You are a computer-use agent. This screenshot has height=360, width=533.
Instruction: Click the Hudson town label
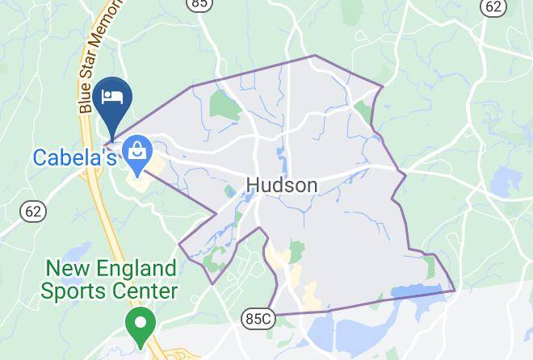[x=281, y=186]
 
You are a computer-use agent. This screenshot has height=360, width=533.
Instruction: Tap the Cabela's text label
[x=75, y=157]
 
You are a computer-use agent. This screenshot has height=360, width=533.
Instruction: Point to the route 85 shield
[x=199, y=4]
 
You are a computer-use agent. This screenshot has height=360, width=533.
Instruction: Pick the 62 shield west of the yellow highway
[x=33, y=211]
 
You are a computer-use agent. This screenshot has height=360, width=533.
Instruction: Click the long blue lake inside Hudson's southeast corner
[x=419, y=291]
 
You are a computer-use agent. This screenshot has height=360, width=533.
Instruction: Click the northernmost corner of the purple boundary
[x=315, y=56]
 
